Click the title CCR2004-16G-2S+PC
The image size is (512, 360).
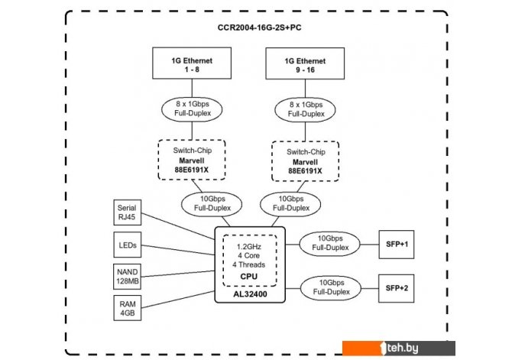[x=259, y=28]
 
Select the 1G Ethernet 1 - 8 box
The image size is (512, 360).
[x=192, y=63]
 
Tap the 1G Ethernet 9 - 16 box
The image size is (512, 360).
[x=305, y=63]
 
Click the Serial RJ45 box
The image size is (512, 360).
[x=128, y=212]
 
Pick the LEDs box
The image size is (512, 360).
[x=128, y=245]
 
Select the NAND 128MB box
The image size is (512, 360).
[x=128, y=277]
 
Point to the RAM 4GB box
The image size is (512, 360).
[x=128, y=308]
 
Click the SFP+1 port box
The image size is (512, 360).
[x=397, y=245]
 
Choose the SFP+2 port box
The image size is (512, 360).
[x=397, y=288]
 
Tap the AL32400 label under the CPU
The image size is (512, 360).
[x=250, y=294]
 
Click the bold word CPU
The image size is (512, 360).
[x=249, y=277]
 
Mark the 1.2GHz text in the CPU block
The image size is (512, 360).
[x=249, y=247]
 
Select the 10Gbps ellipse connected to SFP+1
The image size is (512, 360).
[x=330, y=243]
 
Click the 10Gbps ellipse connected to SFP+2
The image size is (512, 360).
[x=331, y=288]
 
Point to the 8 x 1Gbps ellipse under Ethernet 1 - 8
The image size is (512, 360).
[x=192, y=109]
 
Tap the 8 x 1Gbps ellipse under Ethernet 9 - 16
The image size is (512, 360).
[x=306, y=110]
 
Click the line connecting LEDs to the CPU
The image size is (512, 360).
[x=178, y=250]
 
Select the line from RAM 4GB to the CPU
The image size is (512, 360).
[x=178, y=300]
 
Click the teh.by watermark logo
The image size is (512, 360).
[x=399, y=348]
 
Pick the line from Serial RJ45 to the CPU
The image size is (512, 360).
[x=178, y=226]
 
